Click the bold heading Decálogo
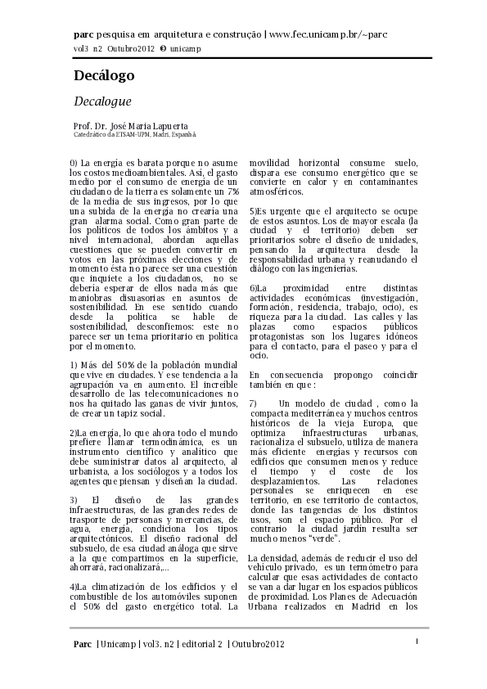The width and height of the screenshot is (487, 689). coord(104,76)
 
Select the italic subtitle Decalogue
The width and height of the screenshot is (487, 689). coord(102,101)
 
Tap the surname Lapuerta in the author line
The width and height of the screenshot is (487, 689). coord(167,126)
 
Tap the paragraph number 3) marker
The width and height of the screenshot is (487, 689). coord(74,499)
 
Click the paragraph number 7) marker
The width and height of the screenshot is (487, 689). coord(253,403)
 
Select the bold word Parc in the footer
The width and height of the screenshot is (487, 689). coord(82,644)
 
